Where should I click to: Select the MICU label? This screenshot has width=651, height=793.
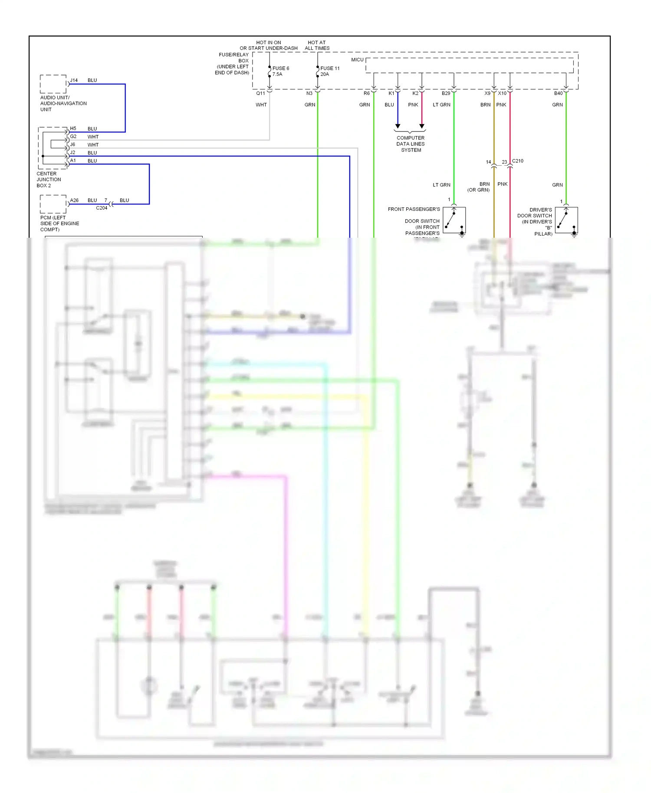(357, 60)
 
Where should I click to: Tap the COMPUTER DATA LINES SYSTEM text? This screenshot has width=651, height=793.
(411, 144)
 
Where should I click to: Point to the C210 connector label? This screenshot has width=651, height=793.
(518, 161)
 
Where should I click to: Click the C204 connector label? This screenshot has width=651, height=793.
(102, 208)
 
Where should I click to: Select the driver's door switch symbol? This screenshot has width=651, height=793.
(566, 220)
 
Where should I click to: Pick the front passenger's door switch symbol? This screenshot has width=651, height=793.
(454, 220)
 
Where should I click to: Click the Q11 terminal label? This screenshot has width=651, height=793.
(260, 93)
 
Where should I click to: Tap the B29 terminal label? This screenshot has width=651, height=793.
(446, 93)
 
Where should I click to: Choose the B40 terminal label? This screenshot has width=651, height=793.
(558, 93)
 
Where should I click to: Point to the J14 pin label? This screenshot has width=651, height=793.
(74, 80)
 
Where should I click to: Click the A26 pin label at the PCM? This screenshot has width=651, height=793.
(75, 200)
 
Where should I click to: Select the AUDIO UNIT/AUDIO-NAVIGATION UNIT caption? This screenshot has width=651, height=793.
(63, 104)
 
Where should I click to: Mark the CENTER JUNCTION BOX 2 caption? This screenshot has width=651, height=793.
(49, 180)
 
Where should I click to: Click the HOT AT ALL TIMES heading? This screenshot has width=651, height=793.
(317, 46)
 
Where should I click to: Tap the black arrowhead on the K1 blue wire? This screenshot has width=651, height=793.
(398, 126)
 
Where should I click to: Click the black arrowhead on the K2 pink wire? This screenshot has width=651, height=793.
(421, 126)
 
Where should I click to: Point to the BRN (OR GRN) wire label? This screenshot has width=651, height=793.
(479, 187)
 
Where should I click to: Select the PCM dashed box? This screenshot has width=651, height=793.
(53, 204)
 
